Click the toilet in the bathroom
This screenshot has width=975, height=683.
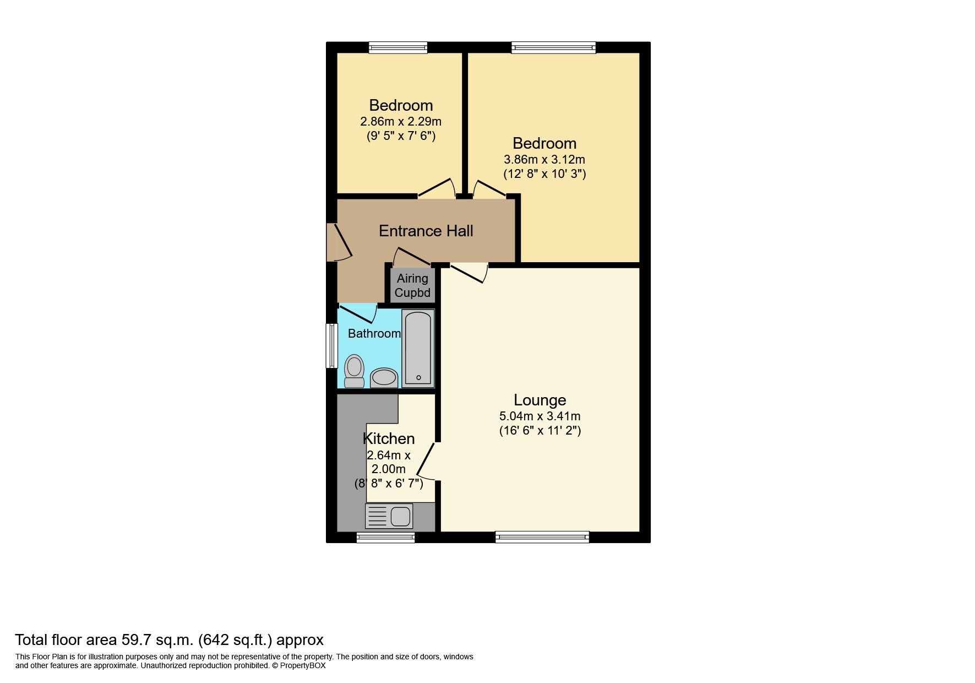click(354, 371)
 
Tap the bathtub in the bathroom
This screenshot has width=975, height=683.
click(418, 348)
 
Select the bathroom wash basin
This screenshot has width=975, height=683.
click(384, 378)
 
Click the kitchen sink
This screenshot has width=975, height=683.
click(400, 517)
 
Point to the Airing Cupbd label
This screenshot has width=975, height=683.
click(412, 286)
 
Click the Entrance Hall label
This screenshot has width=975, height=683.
click(426, 231)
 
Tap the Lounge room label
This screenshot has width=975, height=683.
click(540, 400)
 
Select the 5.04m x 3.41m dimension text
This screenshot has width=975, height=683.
click(540, 416)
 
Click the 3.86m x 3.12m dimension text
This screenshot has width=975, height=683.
click(544, 160)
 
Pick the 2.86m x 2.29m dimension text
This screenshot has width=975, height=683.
click(401, 122)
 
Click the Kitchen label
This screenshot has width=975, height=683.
click(389, 438)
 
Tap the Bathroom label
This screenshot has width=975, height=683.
click(374, 334)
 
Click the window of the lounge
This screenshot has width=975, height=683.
click(542, 537)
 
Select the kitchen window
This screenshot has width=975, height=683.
click(385, 538)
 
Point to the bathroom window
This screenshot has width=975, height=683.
click(331, 345)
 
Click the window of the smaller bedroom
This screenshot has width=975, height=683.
click(398, 48)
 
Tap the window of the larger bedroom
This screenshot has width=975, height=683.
click(553, 48)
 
